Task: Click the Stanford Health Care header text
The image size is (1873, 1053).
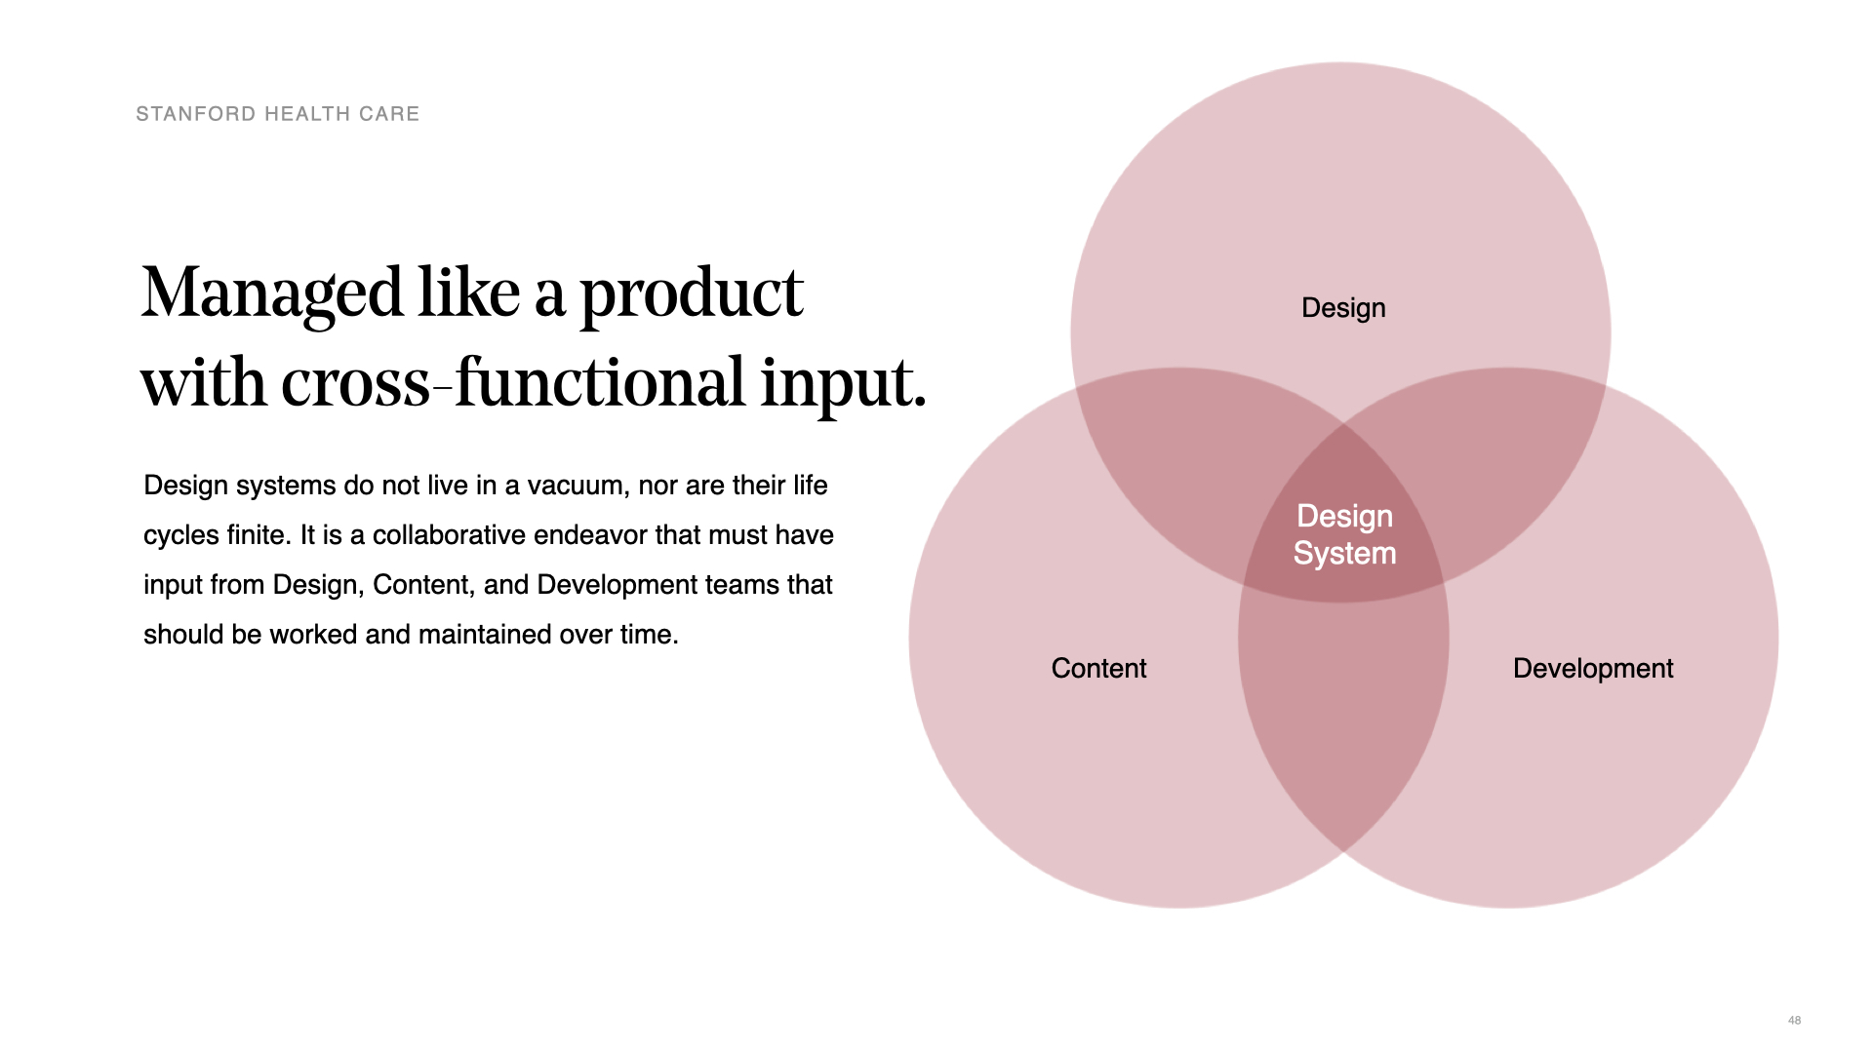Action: (278, 114)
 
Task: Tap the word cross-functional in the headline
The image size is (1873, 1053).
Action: (513, 382)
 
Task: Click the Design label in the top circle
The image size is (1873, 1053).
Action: (1343, 309)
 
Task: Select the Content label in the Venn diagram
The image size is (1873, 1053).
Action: (1098, 668)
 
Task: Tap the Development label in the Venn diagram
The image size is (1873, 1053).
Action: (1593, 669)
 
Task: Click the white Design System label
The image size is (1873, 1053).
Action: (1344, 535)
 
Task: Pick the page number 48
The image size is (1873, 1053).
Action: (1794, 1020)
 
